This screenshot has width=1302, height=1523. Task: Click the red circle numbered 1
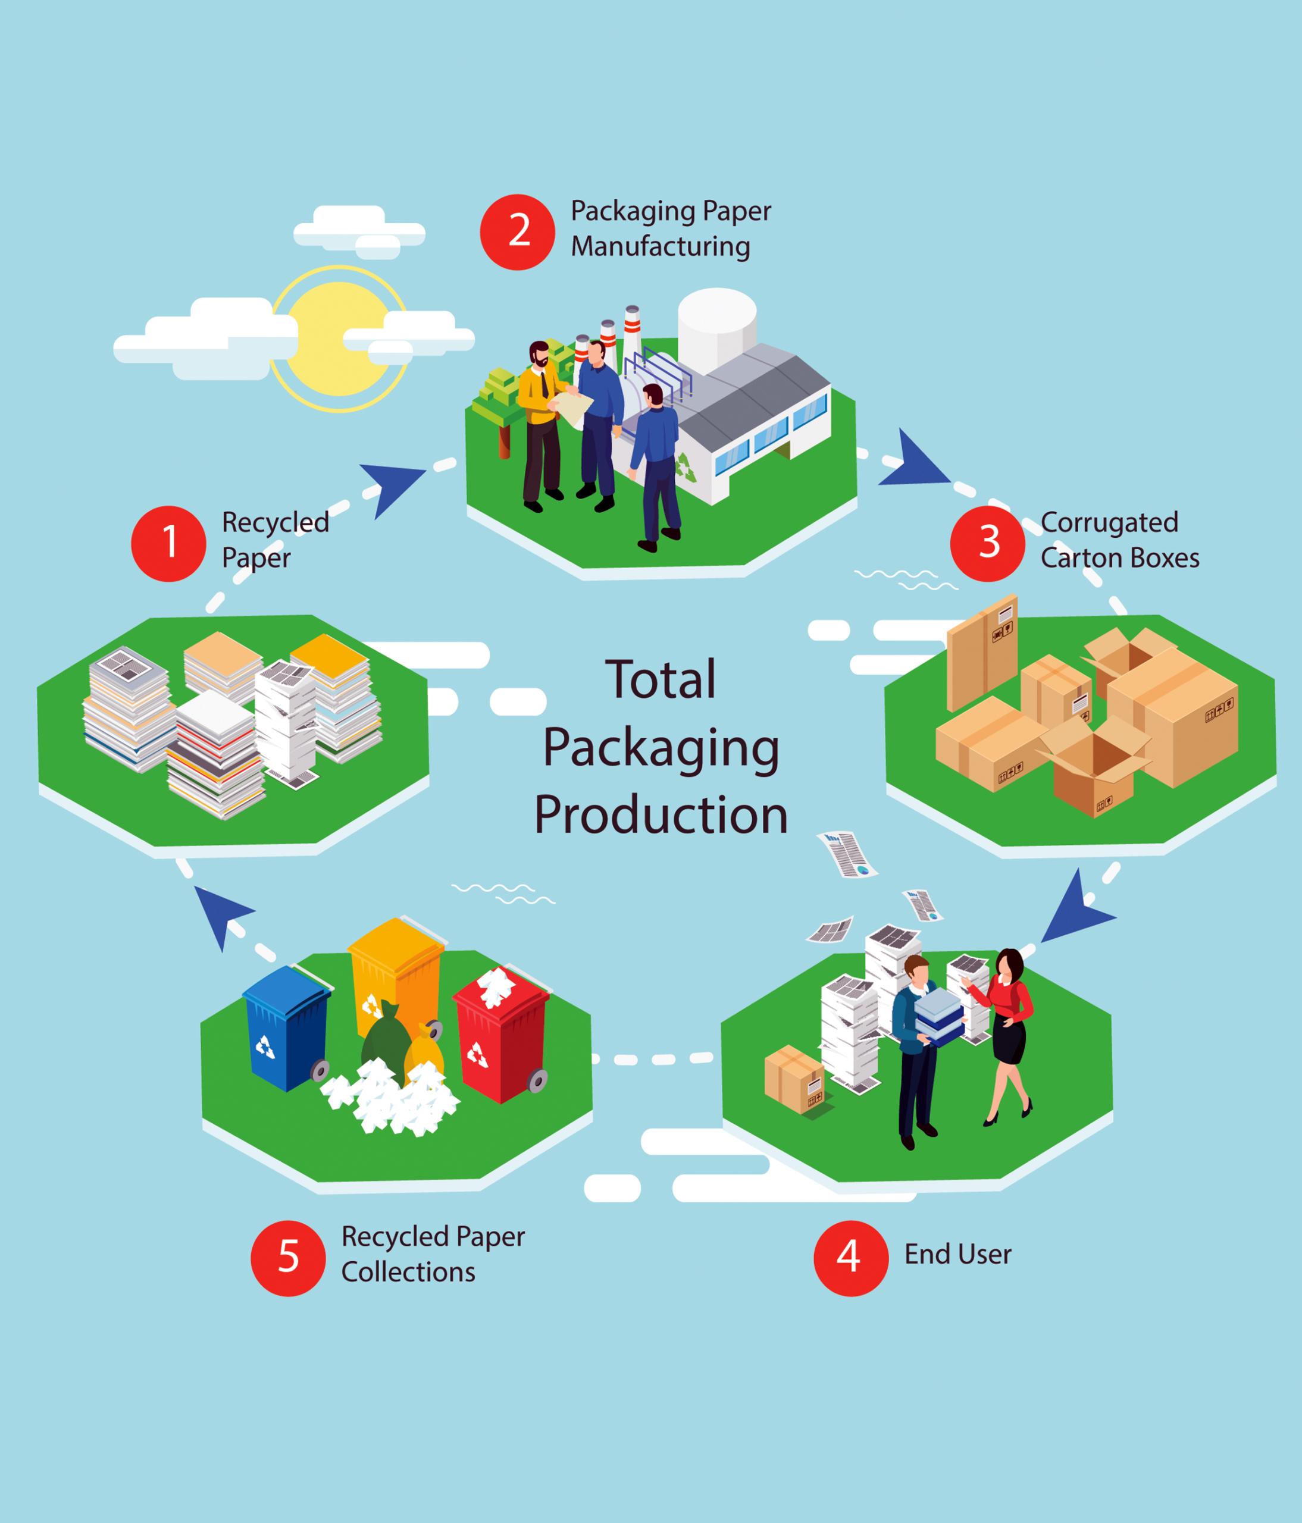coord(168,543)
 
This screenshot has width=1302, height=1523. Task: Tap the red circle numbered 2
coord(518,231)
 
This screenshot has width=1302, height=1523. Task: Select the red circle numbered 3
coord(987,543)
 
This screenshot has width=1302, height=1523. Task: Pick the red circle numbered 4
coord(850,1258)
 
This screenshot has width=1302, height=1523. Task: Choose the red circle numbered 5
coord(288,1258)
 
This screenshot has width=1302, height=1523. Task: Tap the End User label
coord(958,1254)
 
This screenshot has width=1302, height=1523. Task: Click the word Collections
coord(408,1271)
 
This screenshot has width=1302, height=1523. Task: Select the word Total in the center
coord(660,679)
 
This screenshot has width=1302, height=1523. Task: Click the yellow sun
coord(339,339)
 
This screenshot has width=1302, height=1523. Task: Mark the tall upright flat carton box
coord(982,653)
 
